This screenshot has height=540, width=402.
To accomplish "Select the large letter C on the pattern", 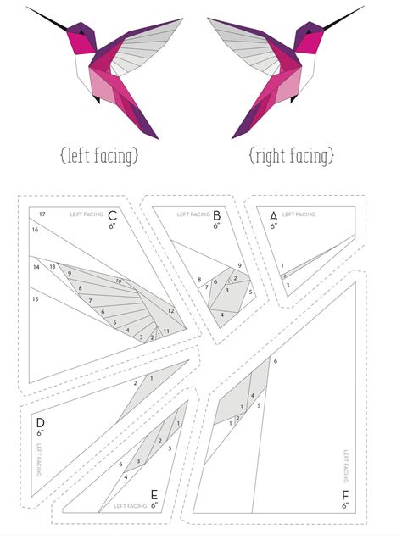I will (112, 215).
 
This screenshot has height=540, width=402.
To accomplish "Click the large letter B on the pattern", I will (217, 215).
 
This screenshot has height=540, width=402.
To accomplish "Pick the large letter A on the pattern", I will (273, 215).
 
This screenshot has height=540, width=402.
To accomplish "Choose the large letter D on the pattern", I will (40, 421).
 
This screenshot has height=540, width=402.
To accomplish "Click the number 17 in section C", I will (42, 213).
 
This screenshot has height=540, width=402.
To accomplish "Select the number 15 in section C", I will (36, 299).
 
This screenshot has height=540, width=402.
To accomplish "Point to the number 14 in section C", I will (36, 267).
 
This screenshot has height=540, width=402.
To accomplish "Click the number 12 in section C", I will (170, 311).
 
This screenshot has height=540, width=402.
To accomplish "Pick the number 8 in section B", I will (199, 279).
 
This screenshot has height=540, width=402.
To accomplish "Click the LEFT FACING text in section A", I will (299, 215).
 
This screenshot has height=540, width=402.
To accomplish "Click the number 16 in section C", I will (35, 230).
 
